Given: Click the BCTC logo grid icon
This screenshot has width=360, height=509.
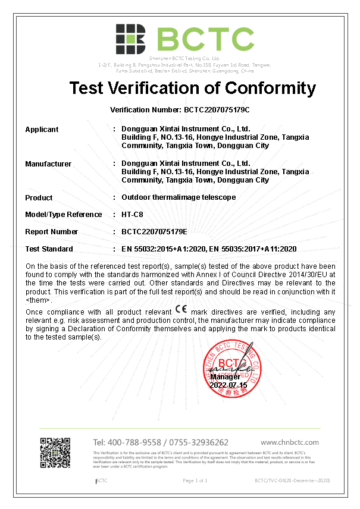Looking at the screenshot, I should pyautogui.click(x=131, y=40).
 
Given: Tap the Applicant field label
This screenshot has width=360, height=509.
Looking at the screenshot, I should pyautogui.click(x=42, y=129).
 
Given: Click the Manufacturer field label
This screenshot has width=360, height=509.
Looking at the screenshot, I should pyautogui.click(x=48, y=164).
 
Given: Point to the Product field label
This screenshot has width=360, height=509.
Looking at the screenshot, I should pyautogui.click(x=39, y=197).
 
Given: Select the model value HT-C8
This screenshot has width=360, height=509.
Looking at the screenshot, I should pyautogui.click(x=132, y=215).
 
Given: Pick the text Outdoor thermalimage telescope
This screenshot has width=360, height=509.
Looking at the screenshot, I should pyautogui.click(x=179, y=197).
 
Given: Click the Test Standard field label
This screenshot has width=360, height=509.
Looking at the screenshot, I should pyautogui.click(x=49, y=249).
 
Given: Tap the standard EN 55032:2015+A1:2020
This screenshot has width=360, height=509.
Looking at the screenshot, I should pyautogui.click(x=162, y=249).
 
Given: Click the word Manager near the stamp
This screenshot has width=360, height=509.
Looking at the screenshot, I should pyautogui.click(x=225, y=377).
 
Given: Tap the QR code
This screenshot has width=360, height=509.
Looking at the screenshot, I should pyautogui.click(x=55, y=452).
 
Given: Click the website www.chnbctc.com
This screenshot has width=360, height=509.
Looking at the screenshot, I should pyautogui.click(x=290, y=442).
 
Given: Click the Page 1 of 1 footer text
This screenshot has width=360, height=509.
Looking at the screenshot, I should pyautogui.click(x=195, y=480).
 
